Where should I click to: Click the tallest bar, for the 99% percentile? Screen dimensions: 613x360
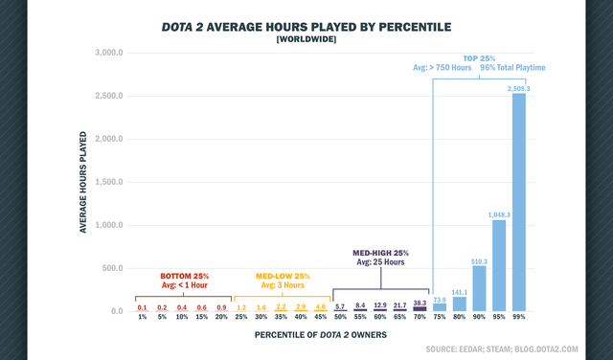click(x=519, y=202)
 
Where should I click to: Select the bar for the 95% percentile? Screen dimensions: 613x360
click(x=499, y=265)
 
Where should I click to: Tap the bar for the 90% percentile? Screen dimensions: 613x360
click(x=479, y=288)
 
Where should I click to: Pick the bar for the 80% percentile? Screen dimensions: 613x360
click(x=460, y=304)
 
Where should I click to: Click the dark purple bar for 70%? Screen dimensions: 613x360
click(x=420, y=309)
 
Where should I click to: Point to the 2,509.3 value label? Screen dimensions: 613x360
click(x=519, y=89)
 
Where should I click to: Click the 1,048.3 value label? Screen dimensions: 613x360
click(x=499, y=215)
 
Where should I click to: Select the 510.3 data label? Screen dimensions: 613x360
click(x=479, y=261)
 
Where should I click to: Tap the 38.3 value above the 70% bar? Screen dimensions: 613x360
click(x=420, y=303)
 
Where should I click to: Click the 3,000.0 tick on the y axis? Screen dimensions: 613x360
click(x=108, y=53)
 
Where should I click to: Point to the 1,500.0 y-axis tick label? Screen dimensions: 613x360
click(x=108, y=182)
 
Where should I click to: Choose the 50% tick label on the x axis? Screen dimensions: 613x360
click(x=340, y=317)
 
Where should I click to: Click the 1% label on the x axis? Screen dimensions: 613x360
click(x=143, y=317)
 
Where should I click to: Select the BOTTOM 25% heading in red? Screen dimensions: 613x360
click(x=185, y=276)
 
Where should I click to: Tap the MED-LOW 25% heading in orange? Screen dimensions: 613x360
click(x=283, y=276)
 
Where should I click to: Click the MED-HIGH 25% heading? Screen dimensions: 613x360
click(x=380, y=253)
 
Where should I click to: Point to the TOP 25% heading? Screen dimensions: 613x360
click(x=479, y=58)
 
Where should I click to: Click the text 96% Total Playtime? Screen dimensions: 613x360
click(x=512, y=68)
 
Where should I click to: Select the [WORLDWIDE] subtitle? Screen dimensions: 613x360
click(x=306, y=39)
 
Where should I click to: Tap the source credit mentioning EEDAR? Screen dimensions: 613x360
click(x=502, y=349)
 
